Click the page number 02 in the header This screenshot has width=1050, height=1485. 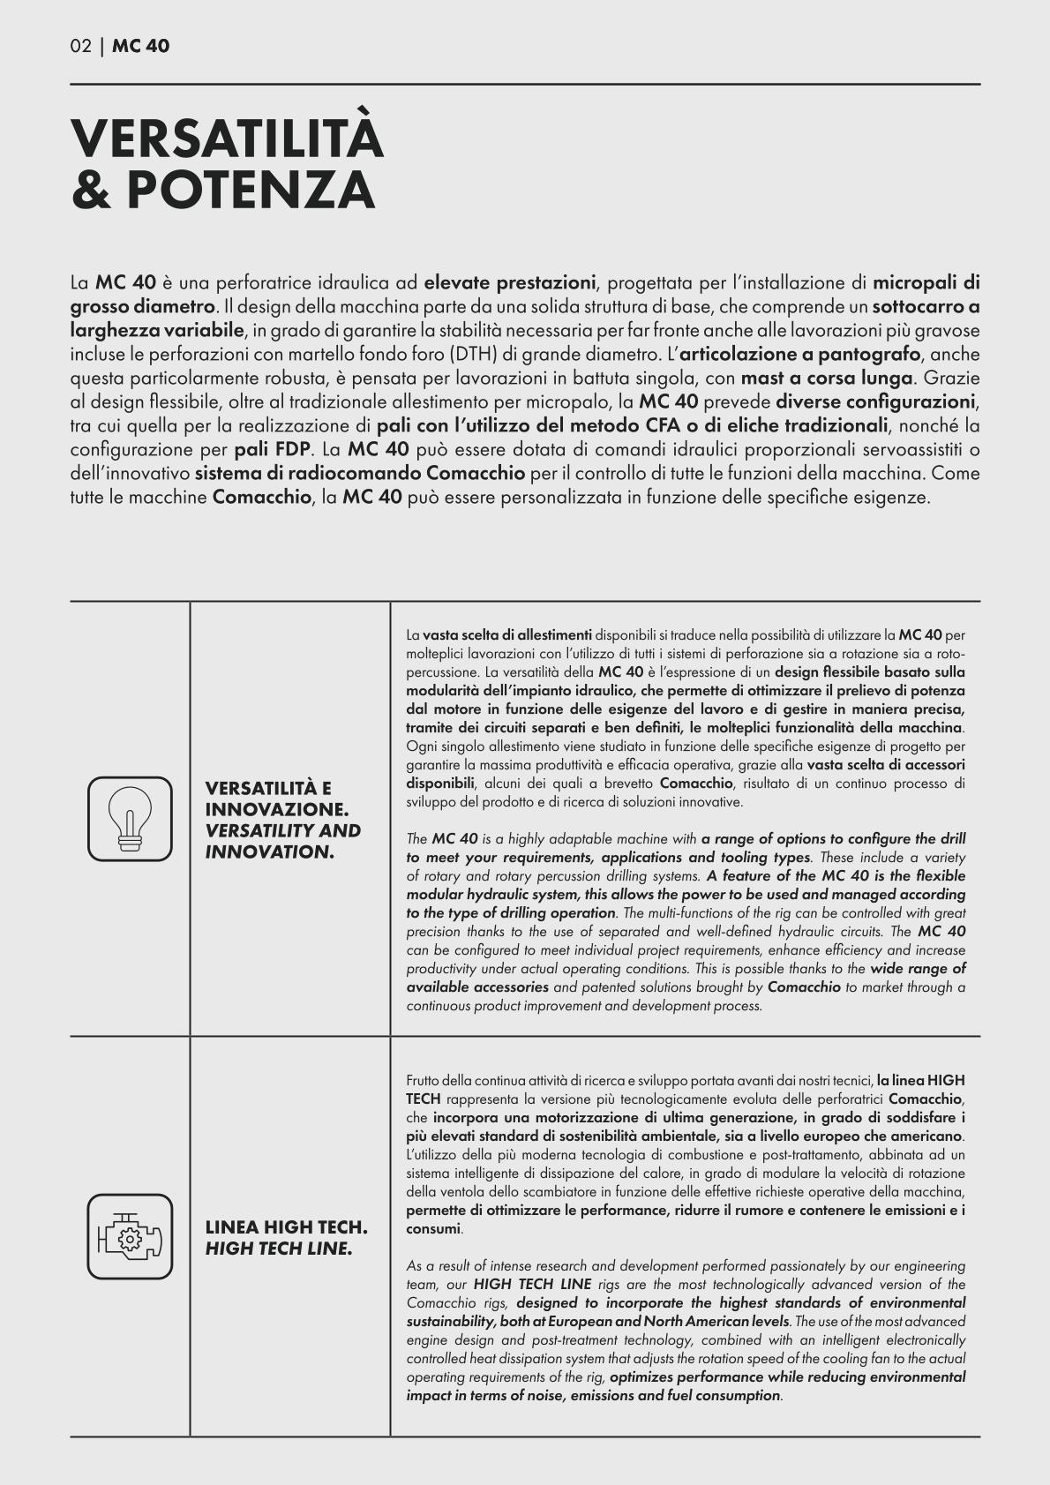coord(80,46)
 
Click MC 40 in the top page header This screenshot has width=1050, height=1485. coord(141,46)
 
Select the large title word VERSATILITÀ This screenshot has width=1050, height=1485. coord(227,139)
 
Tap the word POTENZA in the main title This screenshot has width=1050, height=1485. coord(251,189)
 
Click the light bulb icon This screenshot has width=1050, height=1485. coord(130,818)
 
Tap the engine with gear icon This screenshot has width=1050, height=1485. coord(130,1237)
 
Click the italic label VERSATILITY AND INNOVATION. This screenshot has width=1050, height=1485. coord(282,841)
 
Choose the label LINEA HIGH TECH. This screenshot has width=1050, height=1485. coord(287,1226)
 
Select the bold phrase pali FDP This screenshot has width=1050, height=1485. coord(272,450)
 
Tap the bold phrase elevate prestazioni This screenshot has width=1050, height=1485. coord(510,283)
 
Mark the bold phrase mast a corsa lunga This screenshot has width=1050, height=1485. coord(827,379)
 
